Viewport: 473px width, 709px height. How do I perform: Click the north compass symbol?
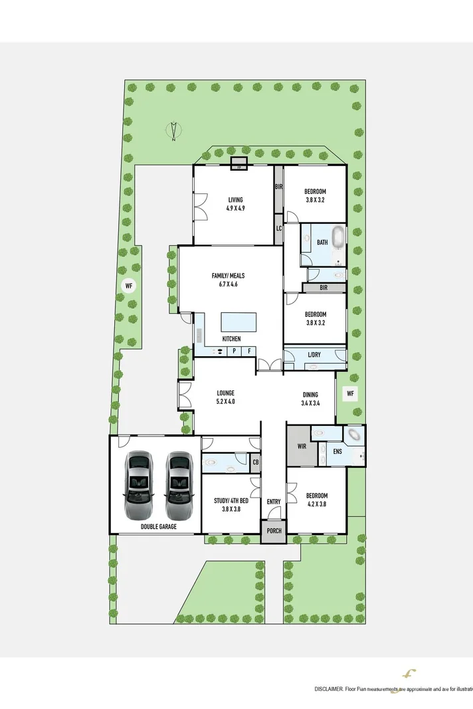click(173, 132)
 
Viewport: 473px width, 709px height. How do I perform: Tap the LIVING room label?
click(235, 204)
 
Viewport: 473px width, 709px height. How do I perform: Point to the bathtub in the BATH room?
click(338, 237)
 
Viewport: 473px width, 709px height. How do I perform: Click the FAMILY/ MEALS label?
click(228, 280)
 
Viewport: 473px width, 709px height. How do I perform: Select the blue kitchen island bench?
click(239, 322)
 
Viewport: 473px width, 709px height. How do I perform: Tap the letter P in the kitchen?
click(235, 351)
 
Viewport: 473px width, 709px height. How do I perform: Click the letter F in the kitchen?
click(249, 351)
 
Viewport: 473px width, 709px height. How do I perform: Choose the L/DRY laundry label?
click(314, 355)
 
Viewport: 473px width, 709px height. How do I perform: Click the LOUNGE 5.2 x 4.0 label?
click(225, 397)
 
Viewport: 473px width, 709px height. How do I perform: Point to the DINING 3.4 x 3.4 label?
click(310, 399)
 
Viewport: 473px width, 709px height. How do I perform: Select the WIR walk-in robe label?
click(301, 446)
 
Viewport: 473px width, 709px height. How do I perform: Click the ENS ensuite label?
click(337, 452)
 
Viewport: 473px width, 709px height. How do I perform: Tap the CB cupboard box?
click(255, 462)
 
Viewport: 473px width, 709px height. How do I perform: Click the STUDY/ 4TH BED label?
click(231, 505)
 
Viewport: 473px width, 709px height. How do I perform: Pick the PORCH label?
click(274, 531)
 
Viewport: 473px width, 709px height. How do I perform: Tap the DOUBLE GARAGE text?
click(157, 527)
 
